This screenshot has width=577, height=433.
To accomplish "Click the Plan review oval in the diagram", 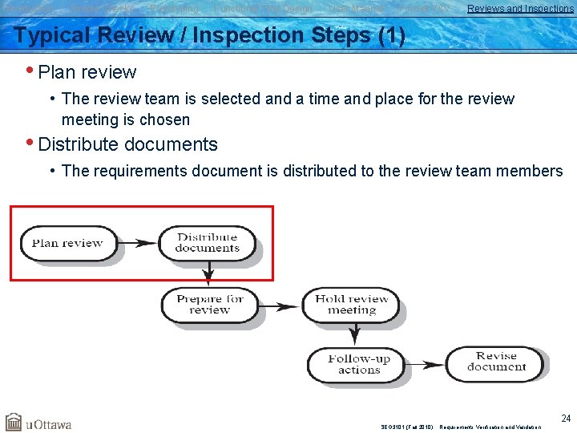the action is click(x=67, y=243).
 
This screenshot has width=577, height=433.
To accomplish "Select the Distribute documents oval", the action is click(x=207, y=243).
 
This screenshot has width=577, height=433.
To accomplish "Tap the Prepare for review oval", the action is click(x=209, y=305).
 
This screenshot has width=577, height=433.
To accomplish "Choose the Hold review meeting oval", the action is click(x=351, y=305).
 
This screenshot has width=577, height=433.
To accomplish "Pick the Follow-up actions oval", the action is click(x=358, y=364).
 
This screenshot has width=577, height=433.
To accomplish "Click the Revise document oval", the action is click(x=496, y=362).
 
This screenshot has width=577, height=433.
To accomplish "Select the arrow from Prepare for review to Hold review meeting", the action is click(x=280, y=305).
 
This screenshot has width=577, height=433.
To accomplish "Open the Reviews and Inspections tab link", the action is click(x=520, y=9).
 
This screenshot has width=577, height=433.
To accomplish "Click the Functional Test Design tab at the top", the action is click(x=263, y=9).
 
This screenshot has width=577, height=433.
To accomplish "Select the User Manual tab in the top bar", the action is click(x=356, y=9).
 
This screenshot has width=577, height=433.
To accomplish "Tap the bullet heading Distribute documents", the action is click(x=127, y=144).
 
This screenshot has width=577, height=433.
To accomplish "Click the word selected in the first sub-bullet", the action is click(x=228, y=99).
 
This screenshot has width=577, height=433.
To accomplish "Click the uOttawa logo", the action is click(x=38, y=423).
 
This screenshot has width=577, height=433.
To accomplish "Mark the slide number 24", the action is click(x=566, y=419).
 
